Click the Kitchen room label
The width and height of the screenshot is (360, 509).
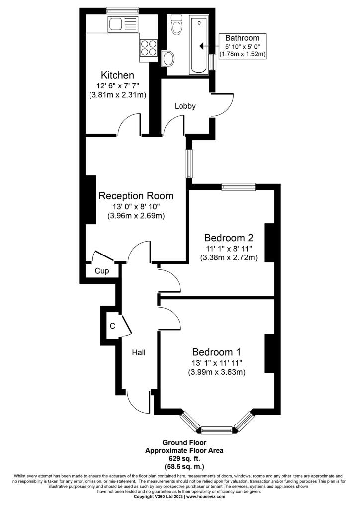pyautogui.click(x=117, y=75)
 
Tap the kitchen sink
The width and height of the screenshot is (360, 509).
pyautogui.click(x=123, y=23)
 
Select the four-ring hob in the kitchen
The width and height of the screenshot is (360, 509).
pyautogui.click(x=149, y=48)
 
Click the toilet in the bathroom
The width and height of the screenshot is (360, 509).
pyautogui.click(x=177, y=25)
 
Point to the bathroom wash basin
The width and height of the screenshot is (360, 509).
pyautogui.click(x=168, y=59)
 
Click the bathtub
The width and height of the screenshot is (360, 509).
pyautogui.click(x=199, y=45)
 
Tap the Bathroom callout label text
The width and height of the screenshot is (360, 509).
pyautogui.click(x=243, y=38)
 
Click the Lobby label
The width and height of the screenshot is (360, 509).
pyautogui.click(x=185, y=106)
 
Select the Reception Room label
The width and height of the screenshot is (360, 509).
pyautogui.click(x=136, y=196)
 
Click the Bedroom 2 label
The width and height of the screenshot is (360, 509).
pyautogui.click(x=229, y=238)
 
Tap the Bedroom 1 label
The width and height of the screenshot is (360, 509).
pyautogui.click(x=216, y=352)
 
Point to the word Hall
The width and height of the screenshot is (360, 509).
pyautogui.click(x=139, y=352)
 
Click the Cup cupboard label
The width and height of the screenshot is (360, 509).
pyautogui.click(x=102, y=271)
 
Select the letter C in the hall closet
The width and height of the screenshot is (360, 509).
pyautogui.click(x=113, y=326)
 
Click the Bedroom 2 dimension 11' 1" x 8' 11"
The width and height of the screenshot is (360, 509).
pyautogui.click(x=229, y=249)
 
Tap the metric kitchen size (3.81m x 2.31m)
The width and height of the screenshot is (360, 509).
pyautogui.click(x=117, y=95)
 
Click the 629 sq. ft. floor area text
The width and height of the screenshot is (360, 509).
pyautogui.click(x=184, y=459)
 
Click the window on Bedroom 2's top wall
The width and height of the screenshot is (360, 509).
pyautogui.click(x=239, y=187)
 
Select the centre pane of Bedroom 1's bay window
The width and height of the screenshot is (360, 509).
pyautogui.click(x=216, y=431)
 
